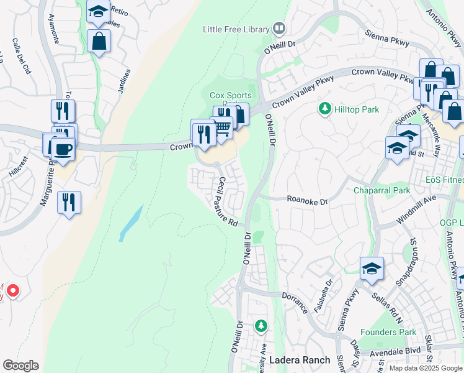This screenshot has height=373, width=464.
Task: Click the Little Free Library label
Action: [x=236, y=29]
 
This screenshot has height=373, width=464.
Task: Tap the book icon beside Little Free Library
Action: [x=279, y=29]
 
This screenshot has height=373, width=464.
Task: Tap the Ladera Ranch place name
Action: [x=293, y=361]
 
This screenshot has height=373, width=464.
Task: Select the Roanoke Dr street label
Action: [x=306, y=200]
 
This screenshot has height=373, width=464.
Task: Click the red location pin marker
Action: [x=12, y=291]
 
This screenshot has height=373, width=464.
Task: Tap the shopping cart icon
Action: [x=223, y=128]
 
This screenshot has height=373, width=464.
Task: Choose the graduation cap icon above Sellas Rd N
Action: [x=371, y=268]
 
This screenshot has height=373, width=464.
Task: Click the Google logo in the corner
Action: [x=20, y=366]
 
